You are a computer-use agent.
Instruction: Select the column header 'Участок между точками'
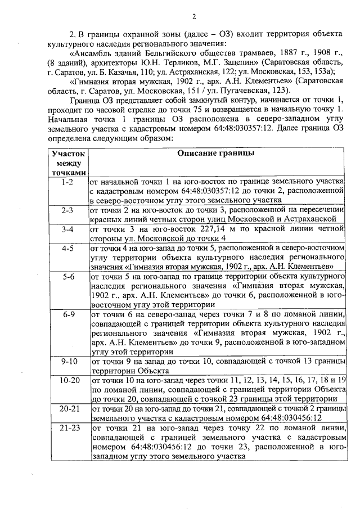[x=68, y=163]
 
